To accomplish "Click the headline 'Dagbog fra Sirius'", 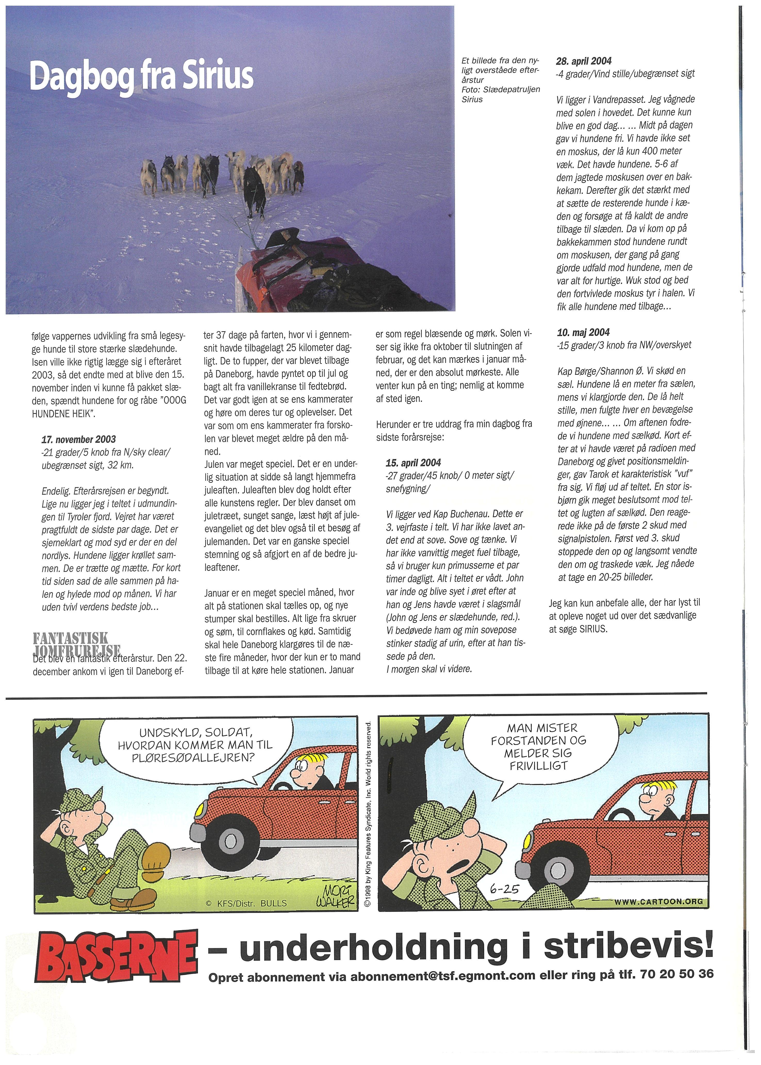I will point(142,77).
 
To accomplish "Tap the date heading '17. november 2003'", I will point(79,439).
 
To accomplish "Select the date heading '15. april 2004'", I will point(413,463).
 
